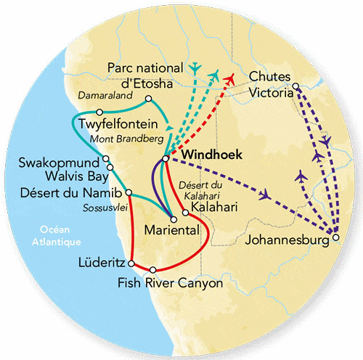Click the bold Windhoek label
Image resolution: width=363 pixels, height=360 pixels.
point(209,155)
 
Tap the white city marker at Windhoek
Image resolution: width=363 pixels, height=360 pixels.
point(166,157)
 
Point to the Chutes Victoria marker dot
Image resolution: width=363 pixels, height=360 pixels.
point(295,88)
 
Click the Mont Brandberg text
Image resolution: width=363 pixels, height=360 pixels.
point(124,138)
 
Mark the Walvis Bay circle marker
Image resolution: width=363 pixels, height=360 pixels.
point(110,168)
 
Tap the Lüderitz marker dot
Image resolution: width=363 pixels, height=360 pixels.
point(132,261)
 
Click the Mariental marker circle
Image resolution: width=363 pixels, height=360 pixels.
point(173,216)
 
